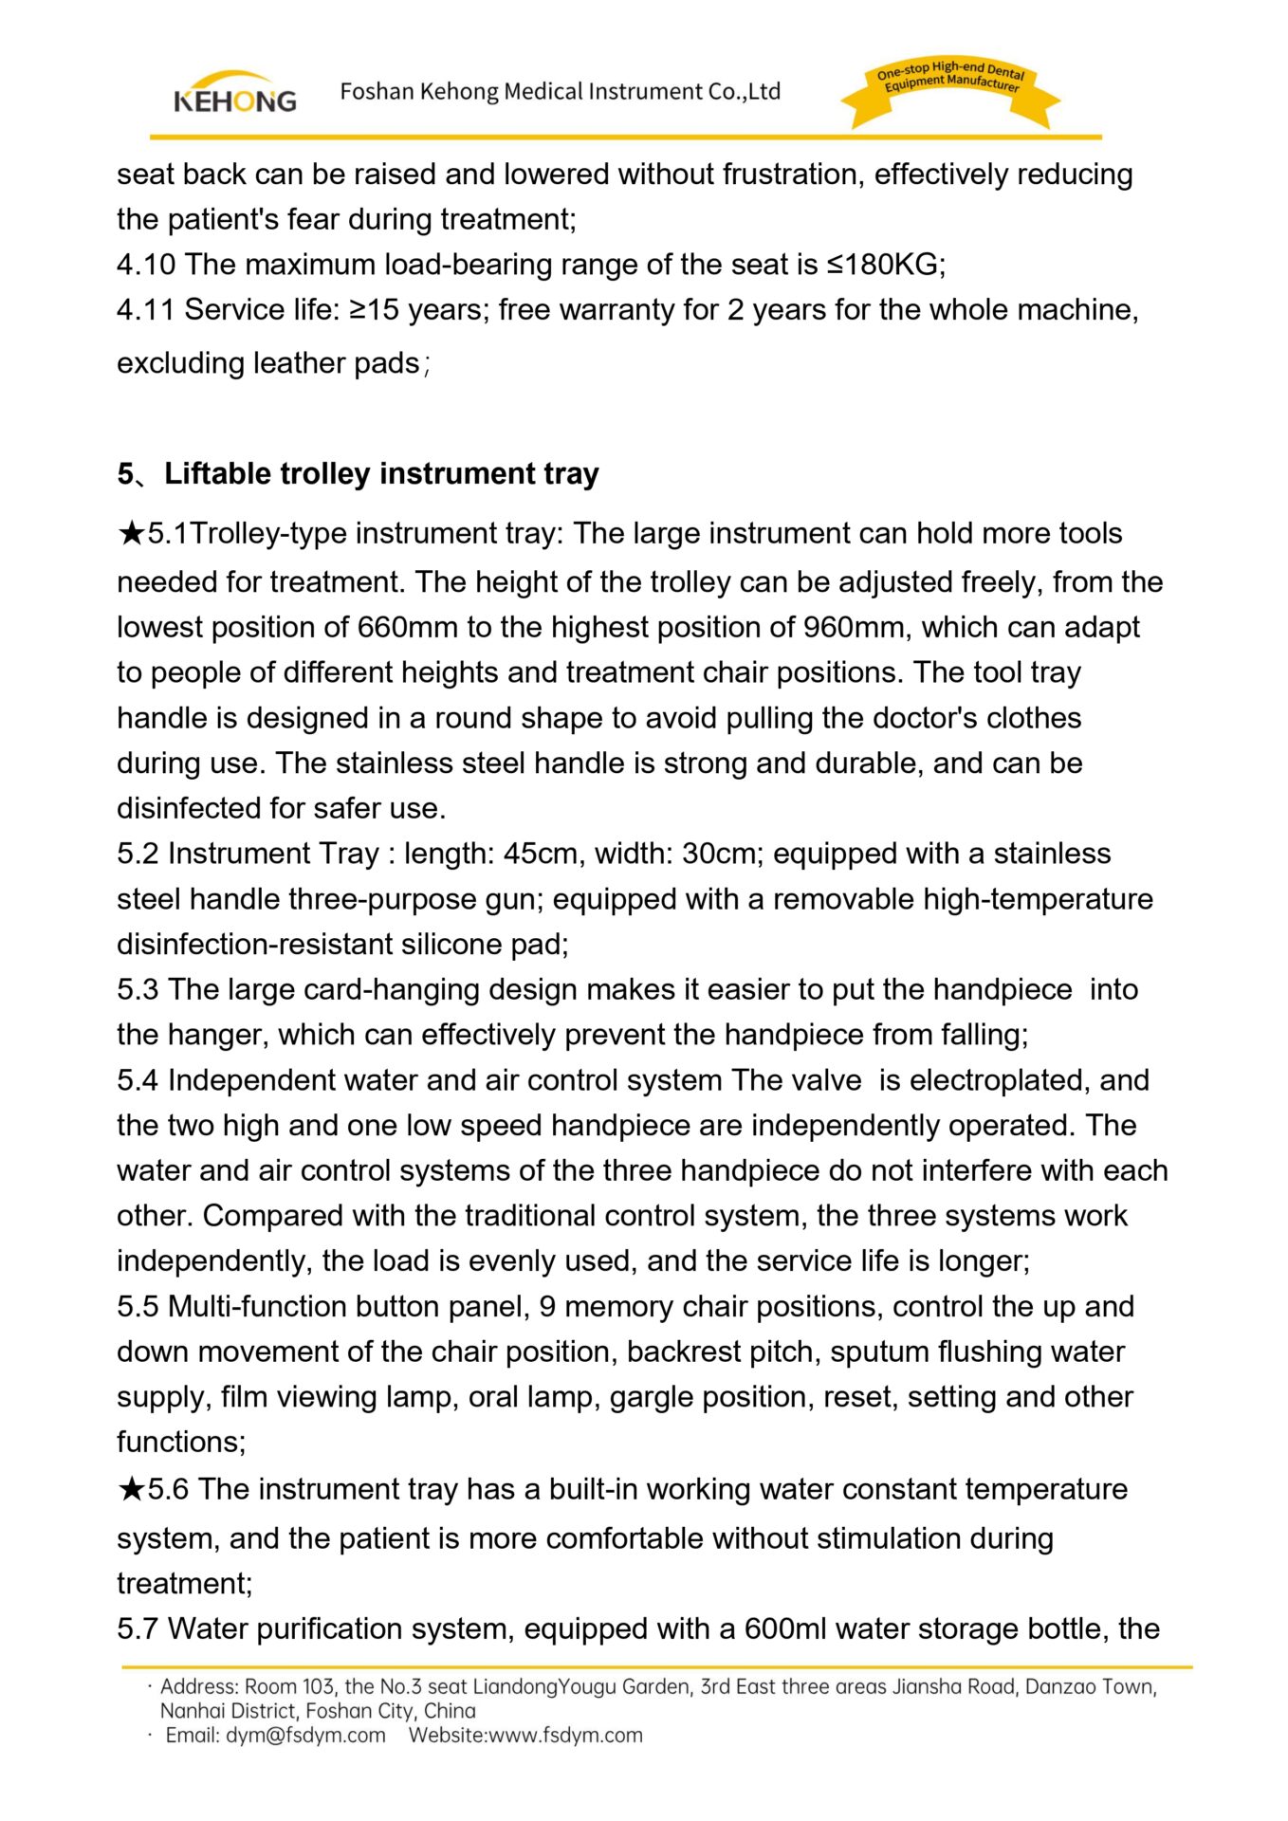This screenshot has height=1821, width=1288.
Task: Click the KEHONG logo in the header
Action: point(234,93)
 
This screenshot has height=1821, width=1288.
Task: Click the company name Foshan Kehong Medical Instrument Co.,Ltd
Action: point(560,92)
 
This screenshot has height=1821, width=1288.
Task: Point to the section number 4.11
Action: point(146,310)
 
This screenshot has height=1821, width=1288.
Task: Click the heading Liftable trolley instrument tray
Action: point(381,473)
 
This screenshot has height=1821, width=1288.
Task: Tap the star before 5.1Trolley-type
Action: point(131,534)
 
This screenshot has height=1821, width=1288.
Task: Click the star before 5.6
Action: point(131,1489)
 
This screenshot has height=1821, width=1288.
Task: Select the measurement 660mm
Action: point(407,628)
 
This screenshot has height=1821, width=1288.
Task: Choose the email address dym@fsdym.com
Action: point(305,1736)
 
